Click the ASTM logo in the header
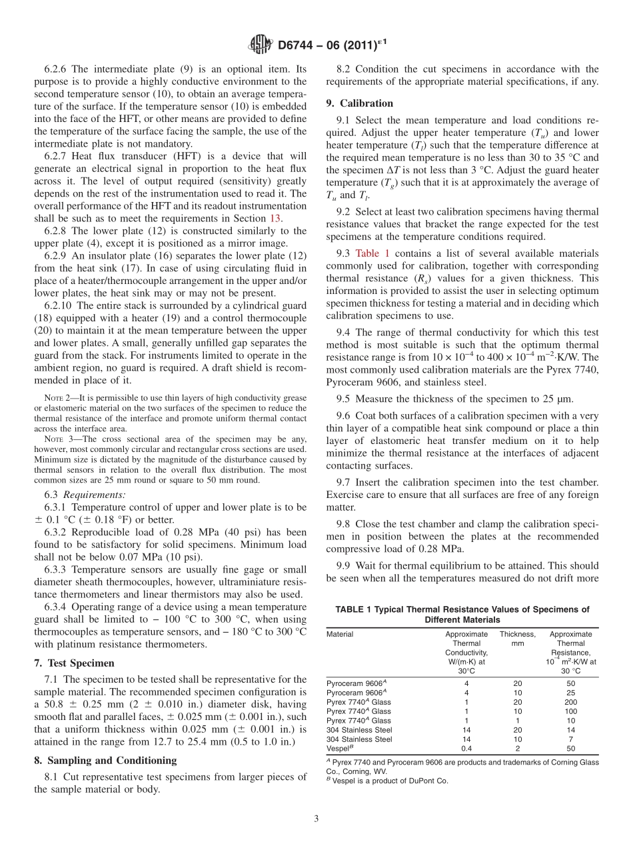click(260, 45)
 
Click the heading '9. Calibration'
click(359, 103)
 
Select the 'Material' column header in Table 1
click(340, 634)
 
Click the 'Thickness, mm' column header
click(517, 639)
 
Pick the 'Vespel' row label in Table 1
click(339, 749)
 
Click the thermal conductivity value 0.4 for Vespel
click(466, 749)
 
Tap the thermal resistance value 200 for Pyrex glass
click(570, 703)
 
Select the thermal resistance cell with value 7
click(570, 739)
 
